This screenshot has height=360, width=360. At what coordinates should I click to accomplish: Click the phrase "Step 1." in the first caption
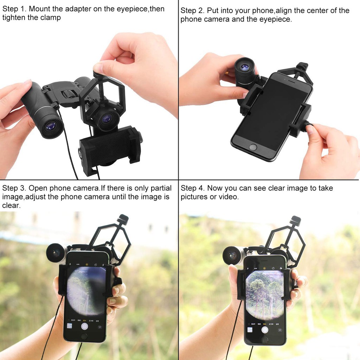14,9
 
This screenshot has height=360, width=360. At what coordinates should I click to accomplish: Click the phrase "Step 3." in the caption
14,188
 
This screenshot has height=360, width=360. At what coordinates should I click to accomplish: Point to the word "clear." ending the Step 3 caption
11,205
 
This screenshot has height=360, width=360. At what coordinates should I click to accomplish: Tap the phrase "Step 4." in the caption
192,188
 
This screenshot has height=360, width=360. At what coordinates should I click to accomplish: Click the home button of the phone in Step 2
253,147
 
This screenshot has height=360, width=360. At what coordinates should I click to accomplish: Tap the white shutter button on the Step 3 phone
84,326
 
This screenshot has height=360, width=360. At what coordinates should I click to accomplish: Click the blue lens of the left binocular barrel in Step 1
51,126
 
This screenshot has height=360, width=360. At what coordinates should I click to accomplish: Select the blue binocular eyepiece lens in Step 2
244,67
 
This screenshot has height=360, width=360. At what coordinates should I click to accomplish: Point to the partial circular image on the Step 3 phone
86,290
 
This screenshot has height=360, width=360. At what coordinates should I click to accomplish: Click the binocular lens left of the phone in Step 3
55,253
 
